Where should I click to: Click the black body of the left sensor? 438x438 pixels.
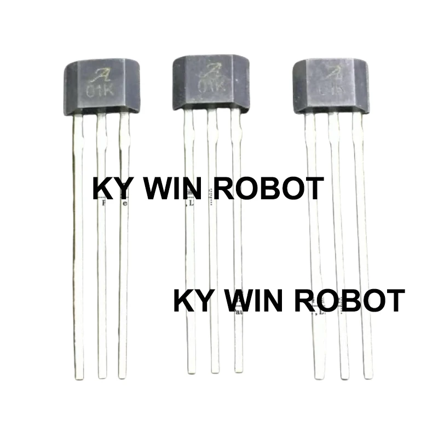pos(99,88)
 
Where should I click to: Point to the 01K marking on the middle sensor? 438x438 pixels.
pos(211,87)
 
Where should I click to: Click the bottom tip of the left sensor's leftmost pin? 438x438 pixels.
pos(79,377)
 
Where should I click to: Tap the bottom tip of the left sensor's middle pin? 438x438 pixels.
pos(102,377)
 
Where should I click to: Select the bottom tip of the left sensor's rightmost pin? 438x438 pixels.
pos(123,377)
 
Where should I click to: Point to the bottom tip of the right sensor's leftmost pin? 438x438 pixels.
pos(320,376)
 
